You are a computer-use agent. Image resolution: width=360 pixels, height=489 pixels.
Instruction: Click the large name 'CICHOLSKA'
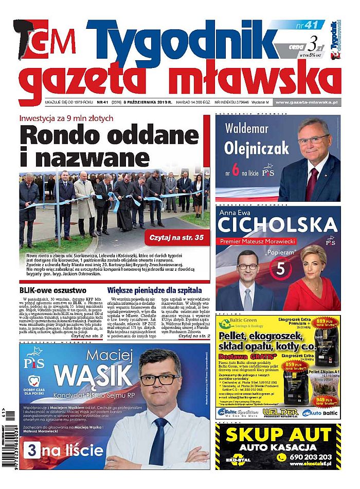pyautogui.click(x=277, y=224)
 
